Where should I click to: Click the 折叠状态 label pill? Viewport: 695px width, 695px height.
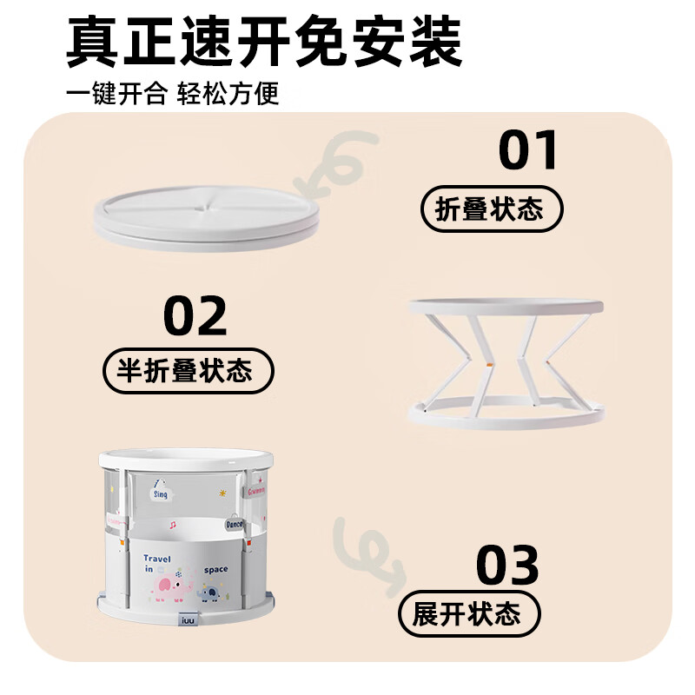pyautogui.click(x=492, y=210)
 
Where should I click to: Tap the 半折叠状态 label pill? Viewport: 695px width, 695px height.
pyautogui.click(x=189, y=372)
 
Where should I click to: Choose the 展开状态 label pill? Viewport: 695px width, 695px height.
pyautogui.click(x=468, y=615)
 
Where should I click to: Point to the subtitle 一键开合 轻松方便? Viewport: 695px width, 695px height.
pyautogui.click(x=173, y=93)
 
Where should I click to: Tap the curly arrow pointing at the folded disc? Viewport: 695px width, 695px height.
pyautogui.click(x=341, y=162)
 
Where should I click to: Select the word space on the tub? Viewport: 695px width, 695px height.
pyautogui.click(x=216, y=570)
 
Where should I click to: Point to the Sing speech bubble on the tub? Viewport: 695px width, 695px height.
pyautogui.click(x=162, y=494)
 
